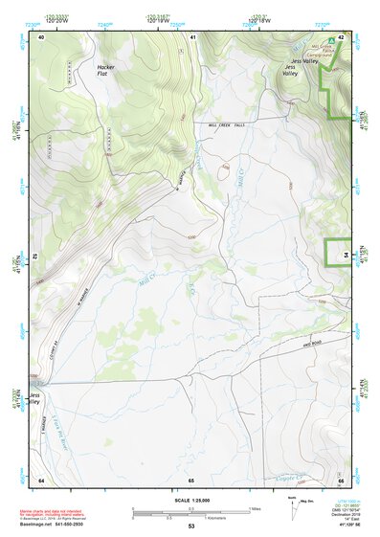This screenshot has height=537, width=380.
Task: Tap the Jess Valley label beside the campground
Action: point(290,70)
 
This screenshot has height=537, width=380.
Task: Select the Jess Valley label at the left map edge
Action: point(35,398)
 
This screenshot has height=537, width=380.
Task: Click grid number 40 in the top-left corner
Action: point(42,35)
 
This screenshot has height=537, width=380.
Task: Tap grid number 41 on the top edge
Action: point(192,35)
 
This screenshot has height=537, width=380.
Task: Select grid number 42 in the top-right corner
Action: point(342,35)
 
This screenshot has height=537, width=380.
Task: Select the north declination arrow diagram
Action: point(293,507)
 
